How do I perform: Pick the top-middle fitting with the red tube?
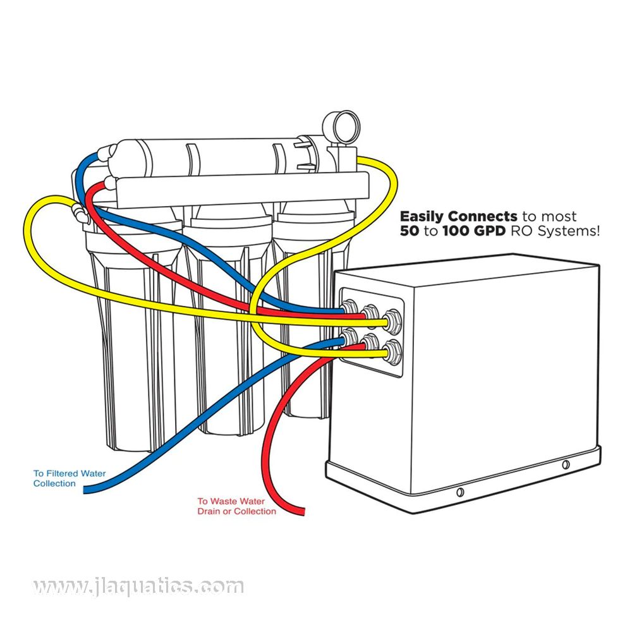coord(370,312)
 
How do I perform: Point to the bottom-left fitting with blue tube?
coord(348,339)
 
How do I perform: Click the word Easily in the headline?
coord(421,217)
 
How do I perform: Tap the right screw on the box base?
coord(566,465)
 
